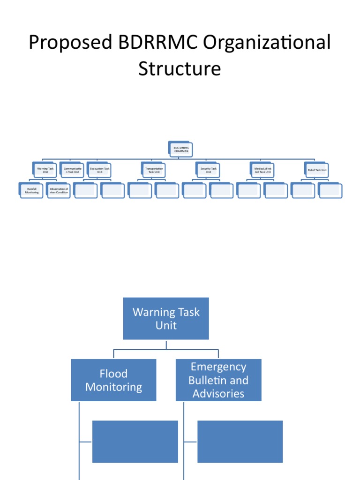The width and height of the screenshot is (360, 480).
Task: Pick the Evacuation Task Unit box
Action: [100, 170]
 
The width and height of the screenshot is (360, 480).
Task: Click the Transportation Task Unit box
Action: [154, 170]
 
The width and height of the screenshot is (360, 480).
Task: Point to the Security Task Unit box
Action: [209, 170]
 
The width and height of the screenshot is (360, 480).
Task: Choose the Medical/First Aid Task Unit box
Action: [263, 170]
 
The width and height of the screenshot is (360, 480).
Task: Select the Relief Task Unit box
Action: [317, 170]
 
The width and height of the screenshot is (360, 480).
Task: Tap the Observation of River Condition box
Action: [59, 190]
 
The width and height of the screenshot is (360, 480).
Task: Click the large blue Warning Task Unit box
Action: [166, 318]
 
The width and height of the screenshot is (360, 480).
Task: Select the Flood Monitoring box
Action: [113, 380]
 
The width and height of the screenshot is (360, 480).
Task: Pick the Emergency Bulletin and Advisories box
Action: [218, 380]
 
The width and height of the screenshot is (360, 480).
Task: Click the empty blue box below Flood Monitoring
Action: [135, 442]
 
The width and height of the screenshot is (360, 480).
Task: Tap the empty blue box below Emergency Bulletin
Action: [240, 442]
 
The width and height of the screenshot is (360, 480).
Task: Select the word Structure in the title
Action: [180, 69]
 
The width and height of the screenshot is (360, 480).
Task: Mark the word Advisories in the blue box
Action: [218, 394]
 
